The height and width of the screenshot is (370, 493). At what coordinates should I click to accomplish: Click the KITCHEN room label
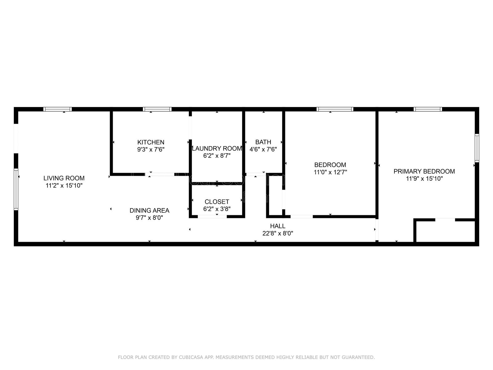pos(151,142)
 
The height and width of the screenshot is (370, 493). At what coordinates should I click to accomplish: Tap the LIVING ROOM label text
pos(64,178)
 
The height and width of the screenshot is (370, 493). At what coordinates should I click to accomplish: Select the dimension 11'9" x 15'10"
pos(424,179)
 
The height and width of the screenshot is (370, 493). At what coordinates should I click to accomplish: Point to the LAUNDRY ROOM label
pos(217,149)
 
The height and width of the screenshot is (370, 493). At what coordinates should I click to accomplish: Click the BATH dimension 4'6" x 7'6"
pos(263,150)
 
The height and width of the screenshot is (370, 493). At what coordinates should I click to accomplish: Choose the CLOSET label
pos(217,202)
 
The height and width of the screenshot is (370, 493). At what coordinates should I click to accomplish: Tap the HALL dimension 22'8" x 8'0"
pos(278,233)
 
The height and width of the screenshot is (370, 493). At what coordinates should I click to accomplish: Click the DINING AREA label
pos(149,210)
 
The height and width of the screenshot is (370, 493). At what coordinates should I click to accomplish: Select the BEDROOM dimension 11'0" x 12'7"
pos(330,172)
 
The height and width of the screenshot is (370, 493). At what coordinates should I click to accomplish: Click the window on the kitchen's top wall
pos(157,109)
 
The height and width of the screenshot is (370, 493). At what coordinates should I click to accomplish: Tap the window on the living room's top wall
pos(58,109)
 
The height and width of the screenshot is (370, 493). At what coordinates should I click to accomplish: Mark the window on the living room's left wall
pos(16,189)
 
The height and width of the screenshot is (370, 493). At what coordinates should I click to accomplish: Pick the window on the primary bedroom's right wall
pos(477,148)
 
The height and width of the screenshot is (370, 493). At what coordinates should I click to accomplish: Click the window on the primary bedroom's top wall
pos(428,109)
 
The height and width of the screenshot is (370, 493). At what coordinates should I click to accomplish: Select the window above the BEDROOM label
pos(335,109)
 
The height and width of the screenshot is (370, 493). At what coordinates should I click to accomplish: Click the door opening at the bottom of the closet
pos(212,216)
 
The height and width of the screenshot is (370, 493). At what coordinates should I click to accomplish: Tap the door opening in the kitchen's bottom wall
pos(160,175)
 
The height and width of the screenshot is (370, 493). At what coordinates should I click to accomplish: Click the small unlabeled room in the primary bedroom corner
pos(446,231)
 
